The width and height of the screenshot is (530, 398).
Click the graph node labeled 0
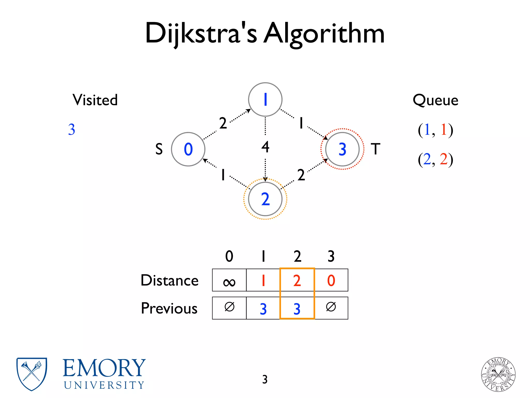pyautogui.click(x=188, y=149)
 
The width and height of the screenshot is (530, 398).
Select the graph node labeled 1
pyautogui.click(x=265, y=99)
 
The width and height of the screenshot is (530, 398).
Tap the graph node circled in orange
pyautogui.click(x=265, y=199)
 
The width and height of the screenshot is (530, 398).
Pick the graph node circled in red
pyautogui.click(x=342, y=149)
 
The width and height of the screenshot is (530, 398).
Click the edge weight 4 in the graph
pyautogui.click(x=265, y=147)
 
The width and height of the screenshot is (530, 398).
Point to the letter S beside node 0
pyautogui.click(x=159, y=149)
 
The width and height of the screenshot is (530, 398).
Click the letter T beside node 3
pyautogui.click(x=376, y=149)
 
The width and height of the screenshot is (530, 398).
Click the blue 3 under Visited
pyautogui.click(x=72, y=129)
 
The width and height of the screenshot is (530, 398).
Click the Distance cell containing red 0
pyautogui.click(x=331, y=280)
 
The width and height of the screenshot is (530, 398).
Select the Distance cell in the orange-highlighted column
pyautogui.click(x=297, y=280)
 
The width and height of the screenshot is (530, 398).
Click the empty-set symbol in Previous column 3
pyautogui.click(x=331, y=307)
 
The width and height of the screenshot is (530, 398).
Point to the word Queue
pyautogui.click(x=435, y=100)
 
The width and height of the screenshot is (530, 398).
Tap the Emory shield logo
pyautogui.click(x=32, y=374)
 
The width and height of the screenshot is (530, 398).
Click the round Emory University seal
pyautogui.click(x=498, y=374)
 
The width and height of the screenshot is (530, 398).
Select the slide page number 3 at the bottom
pyautogui.click(x=265, y=379)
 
